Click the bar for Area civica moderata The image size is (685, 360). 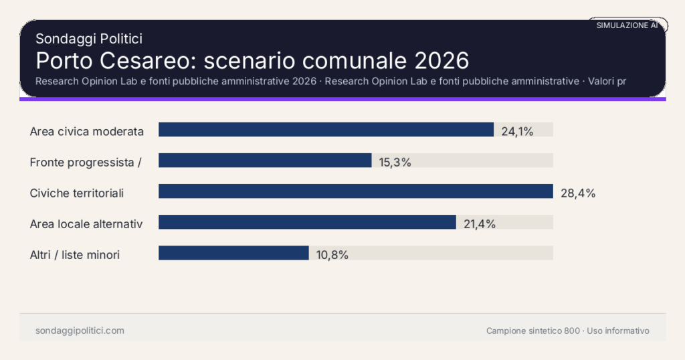326,130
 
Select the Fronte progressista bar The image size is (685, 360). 265,161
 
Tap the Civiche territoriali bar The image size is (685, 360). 355,191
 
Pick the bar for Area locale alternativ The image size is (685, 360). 307,222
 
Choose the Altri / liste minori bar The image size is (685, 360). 233,253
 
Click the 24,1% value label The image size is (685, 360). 517,131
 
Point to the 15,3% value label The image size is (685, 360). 395,162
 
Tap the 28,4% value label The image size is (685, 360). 578,193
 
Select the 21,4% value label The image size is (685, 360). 480,224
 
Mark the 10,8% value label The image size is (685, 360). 332,255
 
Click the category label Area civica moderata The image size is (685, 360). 87,131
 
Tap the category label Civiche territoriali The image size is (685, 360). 77,193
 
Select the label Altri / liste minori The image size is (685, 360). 75,255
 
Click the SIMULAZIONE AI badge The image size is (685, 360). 627,25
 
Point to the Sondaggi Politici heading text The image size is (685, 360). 89,39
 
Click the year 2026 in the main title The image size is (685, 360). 442,60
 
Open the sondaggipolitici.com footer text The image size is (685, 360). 80,331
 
